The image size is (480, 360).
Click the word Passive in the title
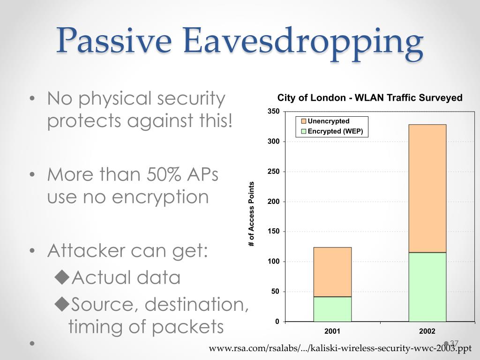pyautogui.click(x=113, y=40)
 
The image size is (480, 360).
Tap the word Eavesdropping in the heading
pyautogui.click(x=303, y=43)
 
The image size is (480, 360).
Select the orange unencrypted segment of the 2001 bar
pyautogui.click(x=332, y=272)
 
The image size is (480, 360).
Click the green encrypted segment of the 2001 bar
pyautogui.click(x=332, y=309)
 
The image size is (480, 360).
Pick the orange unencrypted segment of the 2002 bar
pyautogui.click(x=427, y=188)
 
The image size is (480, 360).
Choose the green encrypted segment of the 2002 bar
pyautogui.click(x=427, y=287)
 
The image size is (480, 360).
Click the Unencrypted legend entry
pyautogui.click(x=325, y=121)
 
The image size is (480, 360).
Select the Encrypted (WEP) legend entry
pyautogui.click(x=332, y=131)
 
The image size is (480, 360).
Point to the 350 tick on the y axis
pyautogui.click(x=274, y=111)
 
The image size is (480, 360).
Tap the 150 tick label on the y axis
pyautogui.click(x=274, y=232)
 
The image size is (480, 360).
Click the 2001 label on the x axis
pyautogui.click(x=332, y=331)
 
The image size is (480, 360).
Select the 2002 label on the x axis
pyautogui.click(x=427, y=331)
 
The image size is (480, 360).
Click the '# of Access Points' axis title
pyautogui.click(x=251, y=214)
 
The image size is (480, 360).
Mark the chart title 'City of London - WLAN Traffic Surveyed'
pyautogui.click(x=370, y=97)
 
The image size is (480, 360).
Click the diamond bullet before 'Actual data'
pyautogui.click(x=62, y=277)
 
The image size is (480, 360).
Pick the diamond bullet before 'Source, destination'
pyautogui.click(x=62, y=304)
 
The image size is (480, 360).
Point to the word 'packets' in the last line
pyautogui.click(x=187, y=327)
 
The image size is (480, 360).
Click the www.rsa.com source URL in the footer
pyautogui.click(x=340, y=348)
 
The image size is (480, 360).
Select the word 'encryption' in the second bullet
pyautogui.click(x=160, y=197)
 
